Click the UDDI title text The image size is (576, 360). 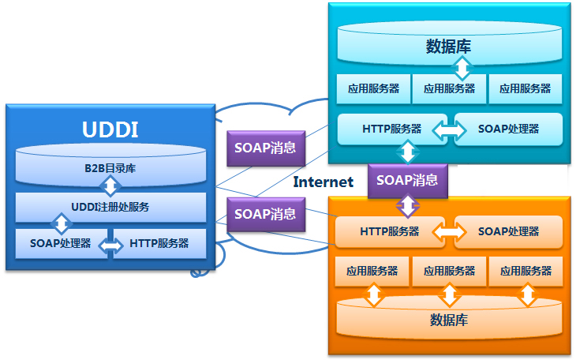pyautogui.click(x=110, y=129)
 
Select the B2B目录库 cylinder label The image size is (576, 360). pyautogui.click(x=110, y=167)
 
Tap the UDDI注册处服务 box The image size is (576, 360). pyautogui.click(x=110, y=207)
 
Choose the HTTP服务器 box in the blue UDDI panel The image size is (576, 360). pyautogui.click(x=159, y=243)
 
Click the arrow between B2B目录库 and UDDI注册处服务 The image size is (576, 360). pyautogui.click(x=111, y=186)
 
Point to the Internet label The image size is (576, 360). pyautogui.click(x=324, y=182)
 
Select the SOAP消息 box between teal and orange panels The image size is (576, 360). pyautogui.click(x=407, y=180)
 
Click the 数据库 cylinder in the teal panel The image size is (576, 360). pyautogui.click(x=448, y=46)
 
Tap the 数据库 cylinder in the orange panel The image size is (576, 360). pyautogui.click(x=449, y=320)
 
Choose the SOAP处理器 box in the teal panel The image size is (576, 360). pyautogui.click(x=509, y=129)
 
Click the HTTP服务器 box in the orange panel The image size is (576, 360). pyautogui.click(x=390, y=231)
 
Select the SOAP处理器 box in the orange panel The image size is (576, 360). pyautogui.click(x=508, y=231)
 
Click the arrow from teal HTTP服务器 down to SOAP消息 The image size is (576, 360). pyautogui.click(x=408, y=152)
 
